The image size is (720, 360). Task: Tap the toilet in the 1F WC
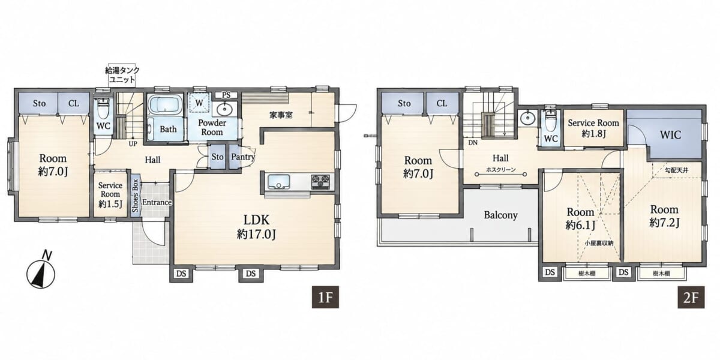click(103, 108)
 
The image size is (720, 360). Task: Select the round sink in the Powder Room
click(224, 110)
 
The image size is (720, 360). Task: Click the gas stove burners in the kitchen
click(320, 181)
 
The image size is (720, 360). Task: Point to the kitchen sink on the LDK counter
click(279, 181)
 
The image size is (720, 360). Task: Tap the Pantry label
click(243, 157)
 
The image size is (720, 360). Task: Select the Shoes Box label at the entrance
click(135, 196)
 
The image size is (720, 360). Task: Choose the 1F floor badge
click(325, 298)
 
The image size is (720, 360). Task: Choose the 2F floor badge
click(691, 298)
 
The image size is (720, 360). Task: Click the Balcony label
click(501, 215)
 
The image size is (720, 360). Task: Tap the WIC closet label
click(671, 134)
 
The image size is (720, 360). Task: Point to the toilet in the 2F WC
click(551, 120)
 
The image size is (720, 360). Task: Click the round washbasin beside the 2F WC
click(527, 119)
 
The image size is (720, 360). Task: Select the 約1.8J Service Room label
click(593, 128)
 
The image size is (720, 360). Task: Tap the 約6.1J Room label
click(580, 218)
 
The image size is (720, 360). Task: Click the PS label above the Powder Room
click(226, 95)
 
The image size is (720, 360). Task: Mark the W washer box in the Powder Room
click(199, 103)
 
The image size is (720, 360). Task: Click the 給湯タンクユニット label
click(122, 75)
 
